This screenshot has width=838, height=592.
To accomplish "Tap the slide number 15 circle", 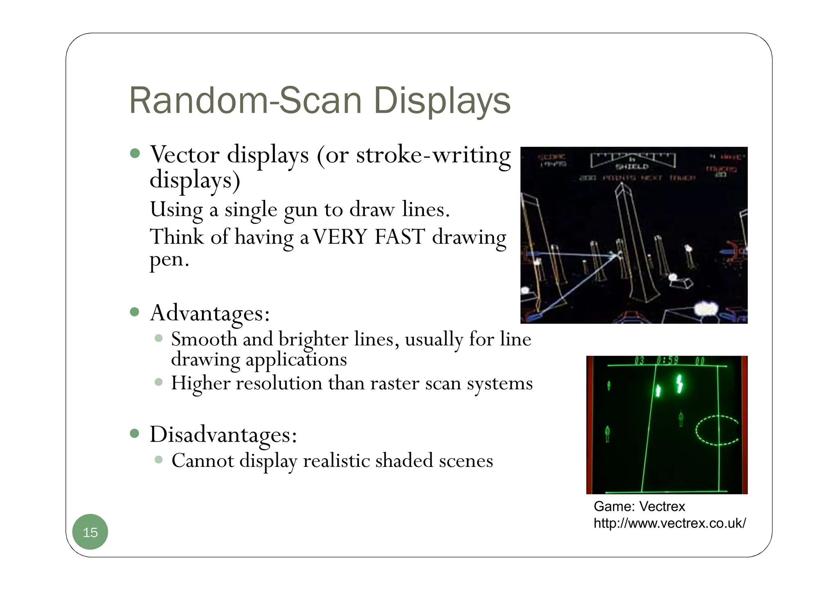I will (90, 532).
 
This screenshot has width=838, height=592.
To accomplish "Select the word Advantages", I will (209, 314).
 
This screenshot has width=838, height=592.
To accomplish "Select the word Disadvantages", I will (223, 434).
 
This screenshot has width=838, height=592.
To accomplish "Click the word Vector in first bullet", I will (185, 155).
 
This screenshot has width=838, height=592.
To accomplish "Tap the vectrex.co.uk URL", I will (669, 523).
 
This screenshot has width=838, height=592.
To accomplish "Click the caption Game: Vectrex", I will (639, 507).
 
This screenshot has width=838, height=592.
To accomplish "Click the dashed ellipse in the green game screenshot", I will (717, 430).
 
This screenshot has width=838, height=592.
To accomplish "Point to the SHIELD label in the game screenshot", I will (632, 167).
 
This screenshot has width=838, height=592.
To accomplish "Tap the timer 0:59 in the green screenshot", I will (667, 361).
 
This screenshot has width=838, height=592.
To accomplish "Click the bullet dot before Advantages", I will (135, 312).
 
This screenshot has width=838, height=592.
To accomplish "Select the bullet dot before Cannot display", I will (159, 460).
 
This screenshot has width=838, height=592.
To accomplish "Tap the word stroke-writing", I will (433, 155).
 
